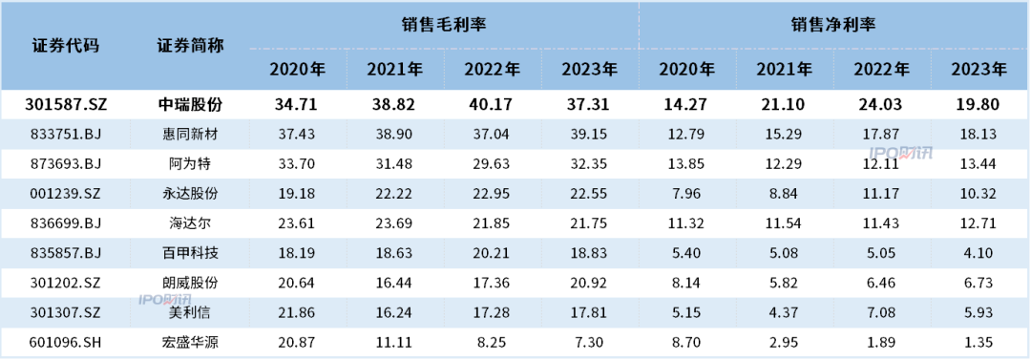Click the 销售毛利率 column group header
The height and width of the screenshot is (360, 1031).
click(x=444, y=25)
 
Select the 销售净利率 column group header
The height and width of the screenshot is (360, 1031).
click(x=833, y=25)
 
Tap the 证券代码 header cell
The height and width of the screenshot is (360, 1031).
click(x=66, y=46)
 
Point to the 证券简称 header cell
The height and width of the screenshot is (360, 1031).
click(x=188, y=46)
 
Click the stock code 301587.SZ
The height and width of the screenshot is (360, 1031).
click(x=66, y=105)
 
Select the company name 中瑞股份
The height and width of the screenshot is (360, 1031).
click(x=188, y=105)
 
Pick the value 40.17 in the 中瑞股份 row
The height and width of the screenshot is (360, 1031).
click(x=493, y=105)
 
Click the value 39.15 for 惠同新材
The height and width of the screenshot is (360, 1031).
click(x=590, y=135)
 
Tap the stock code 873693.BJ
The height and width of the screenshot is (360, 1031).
click(x=66, y=163)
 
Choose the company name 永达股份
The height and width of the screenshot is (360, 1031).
click(x=188, y=192)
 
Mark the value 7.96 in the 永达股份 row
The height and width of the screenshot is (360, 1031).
click(x=686, y=192)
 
